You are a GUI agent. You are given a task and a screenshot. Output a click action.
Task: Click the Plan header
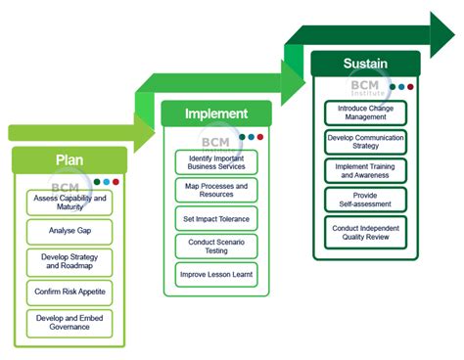(x=69, y=160)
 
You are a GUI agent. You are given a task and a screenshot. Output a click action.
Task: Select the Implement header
(x=216, y=113)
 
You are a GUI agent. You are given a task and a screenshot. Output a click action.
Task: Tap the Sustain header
(x=365, y=64)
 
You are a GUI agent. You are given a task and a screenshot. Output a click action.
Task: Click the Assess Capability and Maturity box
(x=70, y=202)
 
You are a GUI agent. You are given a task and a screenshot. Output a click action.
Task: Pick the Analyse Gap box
(x=70, y=232)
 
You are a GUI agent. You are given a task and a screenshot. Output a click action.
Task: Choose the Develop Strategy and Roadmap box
(x=70, y=262)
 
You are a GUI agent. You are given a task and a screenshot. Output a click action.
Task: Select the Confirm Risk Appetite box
(x=70, y=292)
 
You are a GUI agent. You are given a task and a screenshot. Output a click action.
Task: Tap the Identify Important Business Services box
(x=216, y=162)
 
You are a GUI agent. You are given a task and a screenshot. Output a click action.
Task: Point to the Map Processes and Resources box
(x=216, y=191)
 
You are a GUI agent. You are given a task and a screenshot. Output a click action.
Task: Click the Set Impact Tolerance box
(x=216, y=218)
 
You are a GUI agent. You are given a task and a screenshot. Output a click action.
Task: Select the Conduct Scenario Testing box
(x=216, y=247)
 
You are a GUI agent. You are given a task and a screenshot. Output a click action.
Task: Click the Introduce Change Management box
(x=365, y=112)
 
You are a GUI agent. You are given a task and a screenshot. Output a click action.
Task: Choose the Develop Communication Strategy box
(x=365, y=143)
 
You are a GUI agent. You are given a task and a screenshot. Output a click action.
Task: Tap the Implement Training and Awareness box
(x=365, y=171)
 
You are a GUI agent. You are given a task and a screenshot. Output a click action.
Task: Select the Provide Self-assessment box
(x=365, y=200)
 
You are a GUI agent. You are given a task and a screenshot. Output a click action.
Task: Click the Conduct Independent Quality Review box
(x=365, y=232)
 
